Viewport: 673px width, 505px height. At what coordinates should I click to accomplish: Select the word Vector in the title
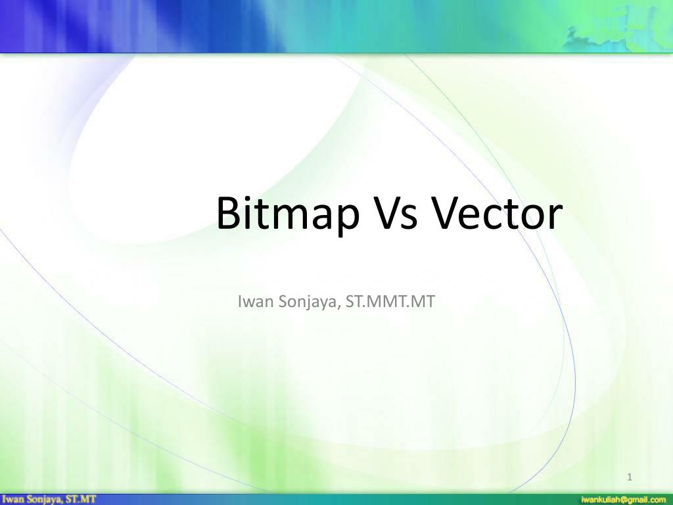(x=498, y=214)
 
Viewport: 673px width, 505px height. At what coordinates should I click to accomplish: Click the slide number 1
(x=630, y=477)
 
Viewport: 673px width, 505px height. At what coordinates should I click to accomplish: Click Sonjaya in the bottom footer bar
(x=45, y=500)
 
